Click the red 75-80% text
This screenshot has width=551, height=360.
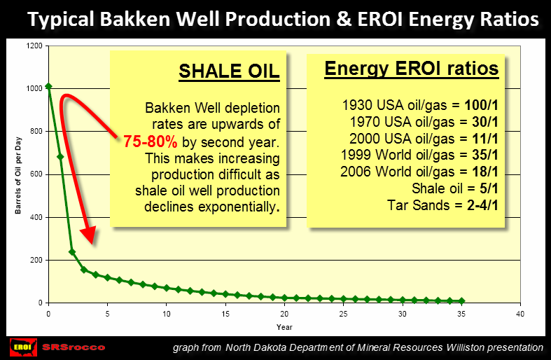(x=151, y=141)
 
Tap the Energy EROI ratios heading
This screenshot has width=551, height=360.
(x=411, y=69)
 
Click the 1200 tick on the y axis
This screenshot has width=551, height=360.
(x=34, y=46)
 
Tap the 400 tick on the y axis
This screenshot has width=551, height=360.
(x=36, y=217)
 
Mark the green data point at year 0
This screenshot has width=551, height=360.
(x=48, y=86)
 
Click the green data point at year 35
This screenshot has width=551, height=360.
(x=461, y=301)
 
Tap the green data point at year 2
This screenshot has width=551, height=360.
(x=72, y=251)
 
